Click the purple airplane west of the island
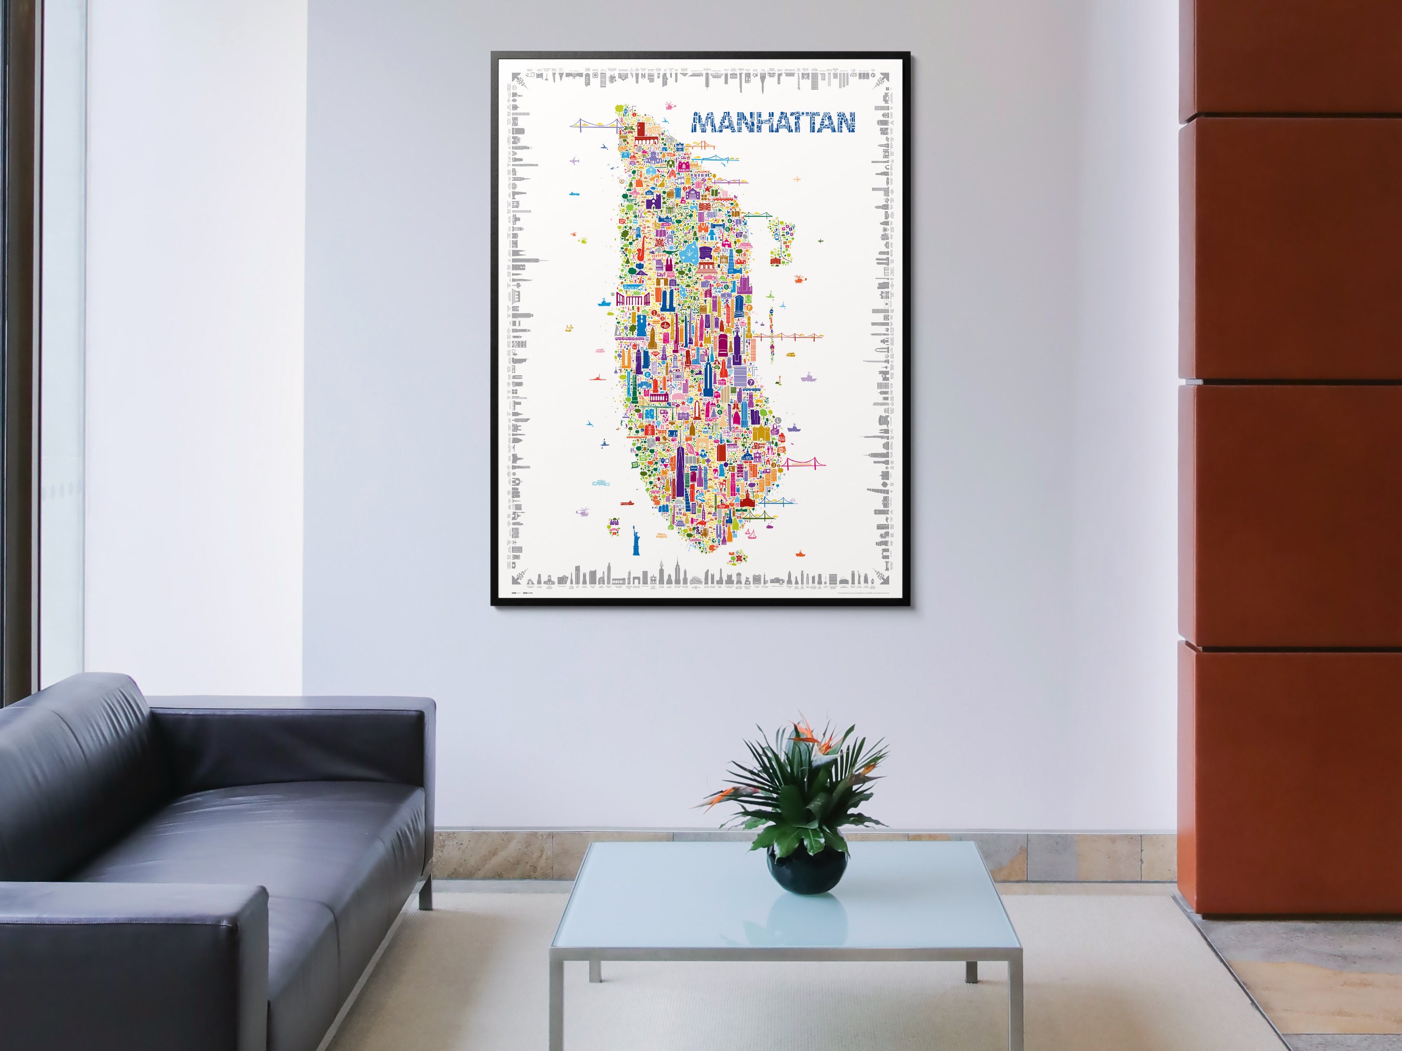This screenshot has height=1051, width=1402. [575, 160]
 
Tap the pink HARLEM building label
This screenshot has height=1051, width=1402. [683, 169]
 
